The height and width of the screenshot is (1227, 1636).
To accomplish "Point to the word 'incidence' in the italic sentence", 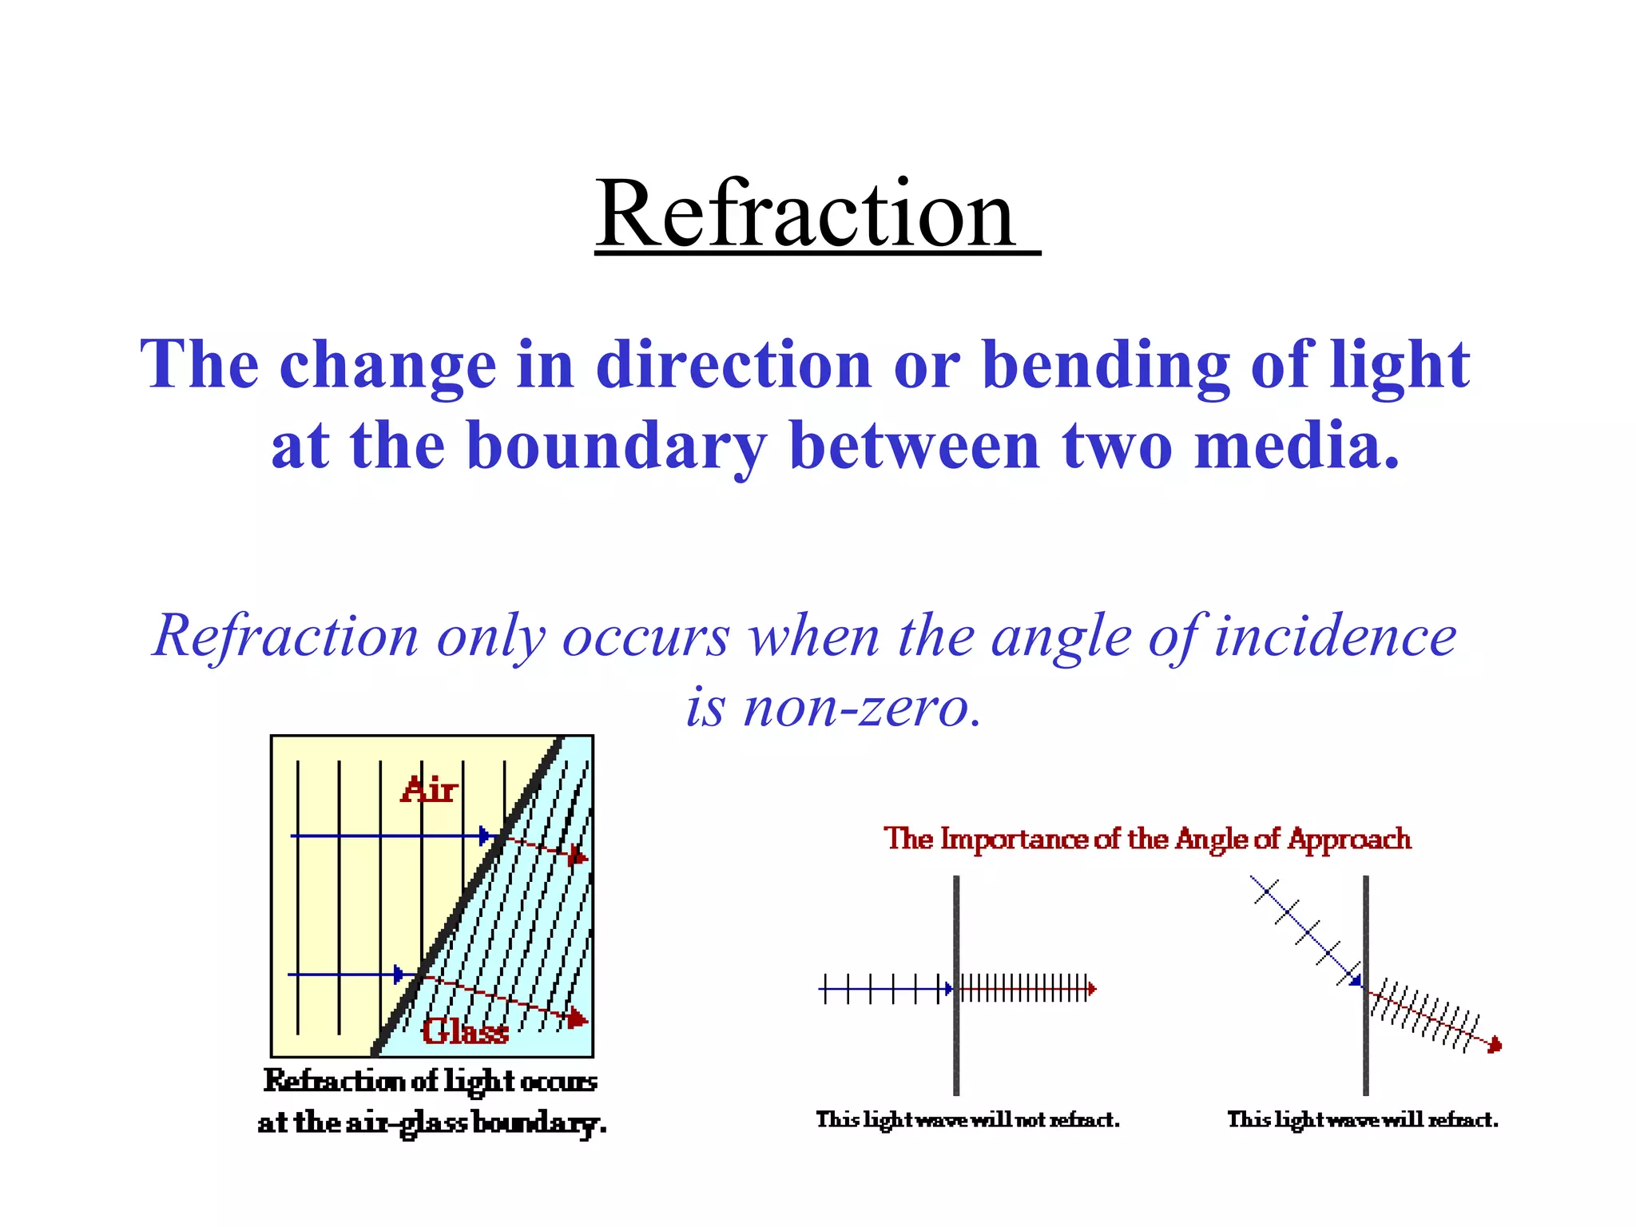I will pos(1335,637).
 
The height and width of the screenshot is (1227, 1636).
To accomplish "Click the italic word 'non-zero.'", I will pos(834,707).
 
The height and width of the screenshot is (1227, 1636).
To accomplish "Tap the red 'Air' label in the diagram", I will pos(429,790).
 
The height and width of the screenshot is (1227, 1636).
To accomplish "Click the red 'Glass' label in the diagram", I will pos(465,1031).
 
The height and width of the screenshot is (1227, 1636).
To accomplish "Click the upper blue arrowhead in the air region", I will pos(484,836).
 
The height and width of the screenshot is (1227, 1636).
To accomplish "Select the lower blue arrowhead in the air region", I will pos(399,975).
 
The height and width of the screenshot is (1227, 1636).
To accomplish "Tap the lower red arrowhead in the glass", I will pos(578,1019).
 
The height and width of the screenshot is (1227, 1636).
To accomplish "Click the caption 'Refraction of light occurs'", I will pos(431,1081).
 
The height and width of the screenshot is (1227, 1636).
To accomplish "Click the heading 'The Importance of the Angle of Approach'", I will pos(1147,839).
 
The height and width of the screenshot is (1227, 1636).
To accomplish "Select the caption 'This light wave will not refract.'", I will pos(967,1120).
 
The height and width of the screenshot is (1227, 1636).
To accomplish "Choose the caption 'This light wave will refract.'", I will pos(1363,1120).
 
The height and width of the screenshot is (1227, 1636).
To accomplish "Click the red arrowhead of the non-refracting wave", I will pos(1092,990).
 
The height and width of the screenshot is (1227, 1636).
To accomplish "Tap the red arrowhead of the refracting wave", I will pos(1496,1046).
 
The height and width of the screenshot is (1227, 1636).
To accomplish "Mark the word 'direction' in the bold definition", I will pos(733,364).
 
